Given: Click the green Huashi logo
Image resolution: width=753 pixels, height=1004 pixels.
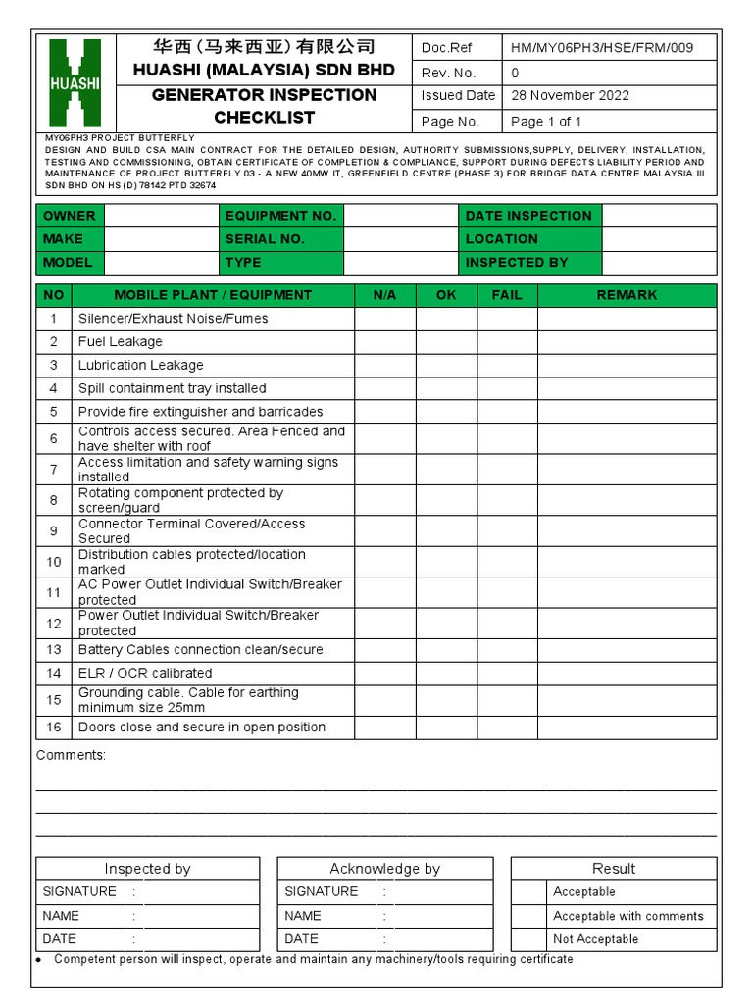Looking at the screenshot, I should coord(75,82).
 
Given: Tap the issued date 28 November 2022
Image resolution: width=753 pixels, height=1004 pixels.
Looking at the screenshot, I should coord(571,96).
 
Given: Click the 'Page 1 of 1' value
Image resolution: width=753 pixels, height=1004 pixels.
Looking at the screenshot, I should coord(546,122).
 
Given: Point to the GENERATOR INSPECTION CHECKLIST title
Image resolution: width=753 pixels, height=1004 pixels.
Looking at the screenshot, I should coord(264,106).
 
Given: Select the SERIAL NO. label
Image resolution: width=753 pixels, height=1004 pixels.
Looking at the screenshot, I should coord(265,239).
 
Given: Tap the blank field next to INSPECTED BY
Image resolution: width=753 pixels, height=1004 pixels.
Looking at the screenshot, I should coord(659,263).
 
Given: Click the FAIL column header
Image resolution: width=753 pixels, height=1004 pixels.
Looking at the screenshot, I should coord(507,295).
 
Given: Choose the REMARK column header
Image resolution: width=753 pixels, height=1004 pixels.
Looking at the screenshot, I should coord(627,295).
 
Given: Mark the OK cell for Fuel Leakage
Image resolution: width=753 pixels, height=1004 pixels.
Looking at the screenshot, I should coord(446,342).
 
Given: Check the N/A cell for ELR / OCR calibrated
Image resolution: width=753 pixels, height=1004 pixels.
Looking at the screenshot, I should coord(384,674).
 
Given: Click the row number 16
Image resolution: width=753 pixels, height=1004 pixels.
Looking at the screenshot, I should coord(54,728).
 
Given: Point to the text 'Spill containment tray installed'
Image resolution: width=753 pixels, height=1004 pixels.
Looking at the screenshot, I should coord(173,389).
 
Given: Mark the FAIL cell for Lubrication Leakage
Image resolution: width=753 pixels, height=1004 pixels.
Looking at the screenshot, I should coord(507,366).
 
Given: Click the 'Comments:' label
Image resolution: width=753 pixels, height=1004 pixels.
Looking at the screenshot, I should coord(71,756).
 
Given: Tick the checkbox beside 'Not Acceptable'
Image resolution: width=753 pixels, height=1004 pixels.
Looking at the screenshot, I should coord(529,939).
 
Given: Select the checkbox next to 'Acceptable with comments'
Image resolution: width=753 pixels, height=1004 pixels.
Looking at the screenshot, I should coord(529,916).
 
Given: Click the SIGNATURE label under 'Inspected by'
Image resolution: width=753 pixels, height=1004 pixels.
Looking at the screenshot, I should coord(78,892).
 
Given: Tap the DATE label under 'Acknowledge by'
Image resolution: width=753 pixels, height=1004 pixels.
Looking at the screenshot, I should coord(301,939).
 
